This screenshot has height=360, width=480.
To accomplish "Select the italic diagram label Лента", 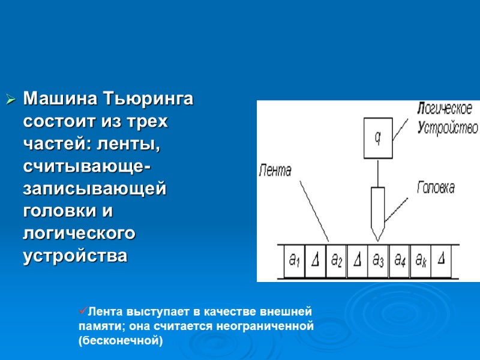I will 275,170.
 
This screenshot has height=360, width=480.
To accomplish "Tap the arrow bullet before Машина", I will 10,99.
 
